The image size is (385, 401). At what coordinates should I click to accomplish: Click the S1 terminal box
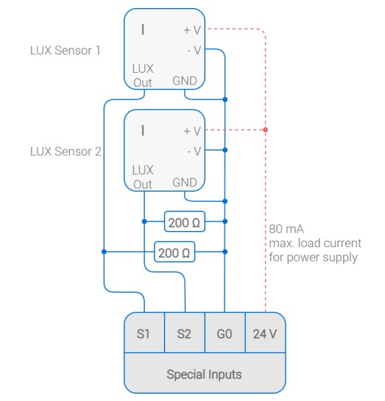(x=144, y=333)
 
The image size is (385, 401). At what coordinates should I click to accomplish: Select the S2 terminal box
(x=185, y=333)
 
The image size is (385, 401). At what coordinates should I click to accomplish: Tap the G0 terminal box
(x=225, y=333)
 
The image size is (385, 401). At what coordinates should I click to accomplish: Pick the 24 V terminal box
(x=265, y=333)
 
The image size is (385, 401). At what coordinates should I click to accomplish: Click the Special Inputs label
(x=204, y=375)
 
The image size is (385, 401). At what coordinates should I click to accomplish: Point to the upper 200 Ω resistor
(x=185, y=221)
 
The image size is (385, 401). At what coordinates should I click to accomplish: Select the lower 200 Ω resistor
(x=174, y=252)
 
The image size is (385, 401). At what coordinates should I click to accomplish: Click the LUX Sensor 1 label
(x=66, y=50)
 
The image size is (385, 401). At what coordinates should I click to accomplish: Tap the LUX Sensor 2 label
(x=66, y=152)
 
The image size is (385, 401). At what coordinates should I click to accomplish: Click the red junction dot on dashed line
(x=266, y=130)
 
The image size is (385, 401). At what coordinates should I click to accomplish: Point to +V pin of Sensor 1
(x=192, y=30)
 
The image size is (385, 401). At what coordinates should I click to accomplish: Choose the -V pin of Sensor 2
(x=194, y=152)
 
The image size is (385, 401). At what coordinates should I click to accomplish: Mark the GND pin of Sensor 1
(x=185, y=81)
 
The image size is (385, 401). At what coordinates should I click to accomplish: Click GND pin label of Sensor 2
(x=185, y=182)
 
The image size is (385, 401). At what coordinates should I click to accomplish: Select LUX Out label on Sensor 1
(x=143, y=76)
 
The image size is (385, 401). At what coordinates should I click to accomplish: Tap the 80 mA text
(x=286, y=229)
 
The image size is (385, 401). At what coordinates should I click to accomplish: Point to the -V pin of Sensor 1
(x=194, y=50)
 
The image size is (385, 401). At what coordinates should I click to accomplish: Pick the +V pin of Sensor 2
(x=192, y=131)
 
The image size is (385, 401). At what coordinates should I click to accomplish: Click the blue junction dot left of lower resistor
(x=104, y=252)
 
